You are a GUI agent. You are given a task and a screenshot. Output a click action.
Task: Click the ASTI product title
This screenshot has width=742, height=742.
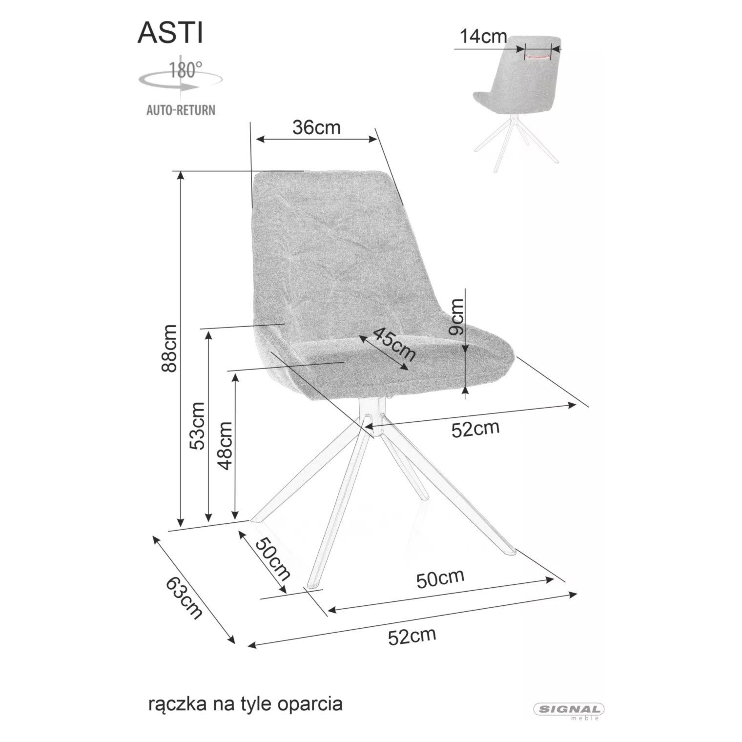coord(170,34)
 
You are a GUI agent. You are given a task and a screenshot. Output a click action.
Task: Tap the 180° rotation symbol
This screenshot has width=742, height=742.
coord(180,76)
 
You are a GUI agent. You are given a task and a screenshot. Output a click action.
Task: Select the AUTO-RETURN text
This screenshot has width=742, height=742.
coord(181,110)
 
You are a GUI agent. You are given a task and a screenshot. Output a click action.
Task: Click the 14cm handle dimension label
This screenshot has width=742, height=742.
coord(483,37)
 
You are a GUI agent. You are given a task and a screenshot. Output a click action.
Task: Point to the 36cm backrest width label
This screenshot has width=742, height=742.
coord(316,127)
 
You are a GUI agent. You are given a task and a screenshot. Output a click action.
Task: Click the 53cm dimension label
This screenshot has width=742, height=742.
coord(198,426)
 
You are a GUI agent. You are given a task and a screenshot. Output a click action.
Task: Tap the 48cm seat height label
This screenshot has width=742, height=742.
coord(225,445)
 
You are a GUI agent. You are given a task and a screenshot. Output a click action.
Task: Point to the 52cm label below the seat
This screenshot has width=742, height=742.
coord(475,429)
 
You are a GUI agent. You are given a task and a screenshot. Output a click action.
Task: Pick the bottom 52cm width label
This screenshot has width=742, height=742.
coord(412,636)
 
